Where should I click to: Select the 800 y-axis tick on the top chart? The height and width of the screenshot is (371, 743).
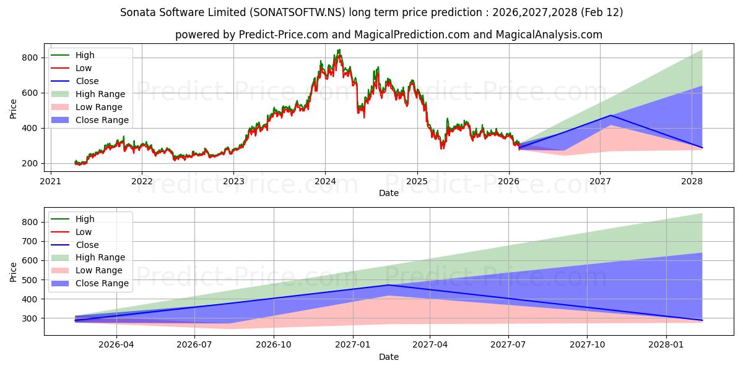[x=31, y=58]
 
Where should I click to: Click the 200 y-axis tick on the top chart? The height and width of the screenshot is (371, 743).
[x=31, y=163]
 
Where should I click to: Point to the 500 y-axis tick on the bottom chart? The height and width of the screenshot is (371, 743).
[x=31, y=279]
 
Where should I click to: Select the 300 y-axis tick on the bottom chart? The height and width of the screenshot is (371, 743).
[x=31, y=318]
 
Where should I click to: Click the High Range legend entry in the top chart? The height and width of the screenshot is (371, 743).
[x=100, y=94]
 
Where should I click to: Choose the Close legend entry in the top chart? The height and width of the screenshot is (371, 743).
[x=87, y=81]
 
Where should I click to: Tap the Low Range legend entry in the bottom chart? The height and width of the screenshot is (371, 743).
[x=99, y=270]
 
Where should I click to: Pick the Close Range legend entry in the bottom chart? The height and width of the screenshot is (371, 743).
[x=102, y=283]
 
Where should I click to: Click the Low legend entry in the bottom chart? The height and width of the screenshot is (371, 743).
[x=84, y=232]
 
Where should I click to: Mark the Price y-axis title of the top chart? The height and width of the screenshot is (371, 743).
[x=14, y=109]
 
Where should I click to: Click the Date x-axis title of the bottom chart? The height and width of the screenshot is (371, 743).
[x=388, y=357]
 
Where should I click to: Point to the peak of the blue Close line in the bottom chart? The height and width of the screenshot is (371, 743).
[x=388, y=285]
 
